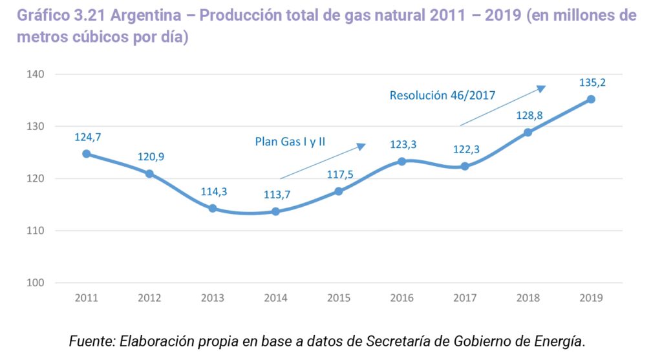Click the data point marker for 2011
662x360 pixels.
point(86,154)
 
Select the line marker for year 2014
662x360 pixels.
point(275,211)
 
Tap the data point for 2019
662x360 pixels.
point(591,99)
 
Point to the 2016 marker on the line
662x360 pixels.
point(401,161)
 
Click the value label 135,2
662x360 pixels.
point(593,82)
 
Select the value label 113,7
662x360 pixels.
point(277,195)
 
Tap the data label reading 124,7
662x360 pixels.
point(88,137)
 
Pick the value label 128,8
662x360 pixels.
point(529,115)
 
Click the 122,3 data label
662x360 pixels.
point(466,149)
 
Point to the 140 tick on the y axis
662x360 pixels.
point(35,74)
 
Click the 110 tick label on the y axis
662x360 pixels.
point(35,231)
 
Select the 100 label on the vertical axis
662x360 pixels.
point(35,282)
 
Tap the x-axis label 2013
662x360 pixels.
point(213,298)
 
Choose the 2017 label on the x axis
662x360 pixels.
point(465,298)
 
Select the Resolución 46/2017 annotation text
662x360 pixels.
point(442,96)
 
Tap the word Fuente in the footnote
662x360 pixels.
point(91,341)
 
